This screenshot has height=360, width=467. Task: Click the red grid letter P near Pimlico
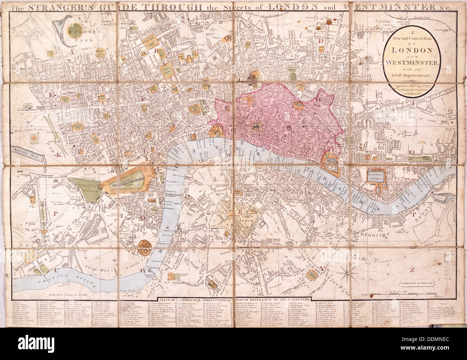point(56,212)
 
